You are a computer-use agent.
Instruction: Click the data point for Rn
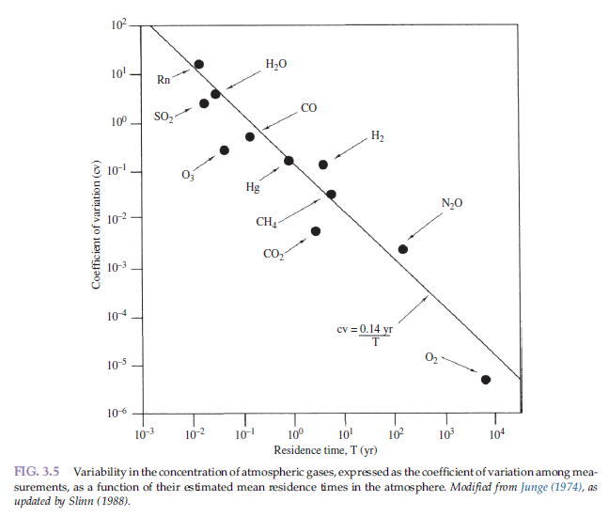tap(198, 65)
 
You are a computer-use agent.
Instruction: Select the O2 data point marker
tap(486, 379)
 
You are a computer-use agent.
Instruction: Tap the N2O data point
tap(403, 249)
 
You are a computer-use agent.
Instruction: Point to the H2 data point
tap(323, 164)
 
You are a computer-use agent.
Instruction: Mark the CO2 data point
tap(316, 231)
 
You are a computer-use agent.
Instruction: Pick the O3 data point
tap(225, 150)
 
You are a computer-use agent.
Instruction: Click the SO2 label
tap(164, 116)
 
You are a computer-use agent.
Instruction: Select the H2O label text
tap(276, 65)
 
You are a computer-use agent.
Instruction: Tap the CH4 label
tap(266, 223)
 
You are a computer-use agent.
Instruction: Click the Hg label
tap(253, 188)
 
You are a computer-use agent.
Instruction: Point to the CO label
tap(309, 109)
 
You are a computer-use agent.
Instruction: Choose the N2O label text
tap(452, 203)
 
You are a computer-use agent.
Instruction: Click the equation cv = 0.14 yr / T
tap(366, 336)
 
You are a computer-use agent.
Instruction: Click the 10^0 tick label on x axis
tap(294, 434)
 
